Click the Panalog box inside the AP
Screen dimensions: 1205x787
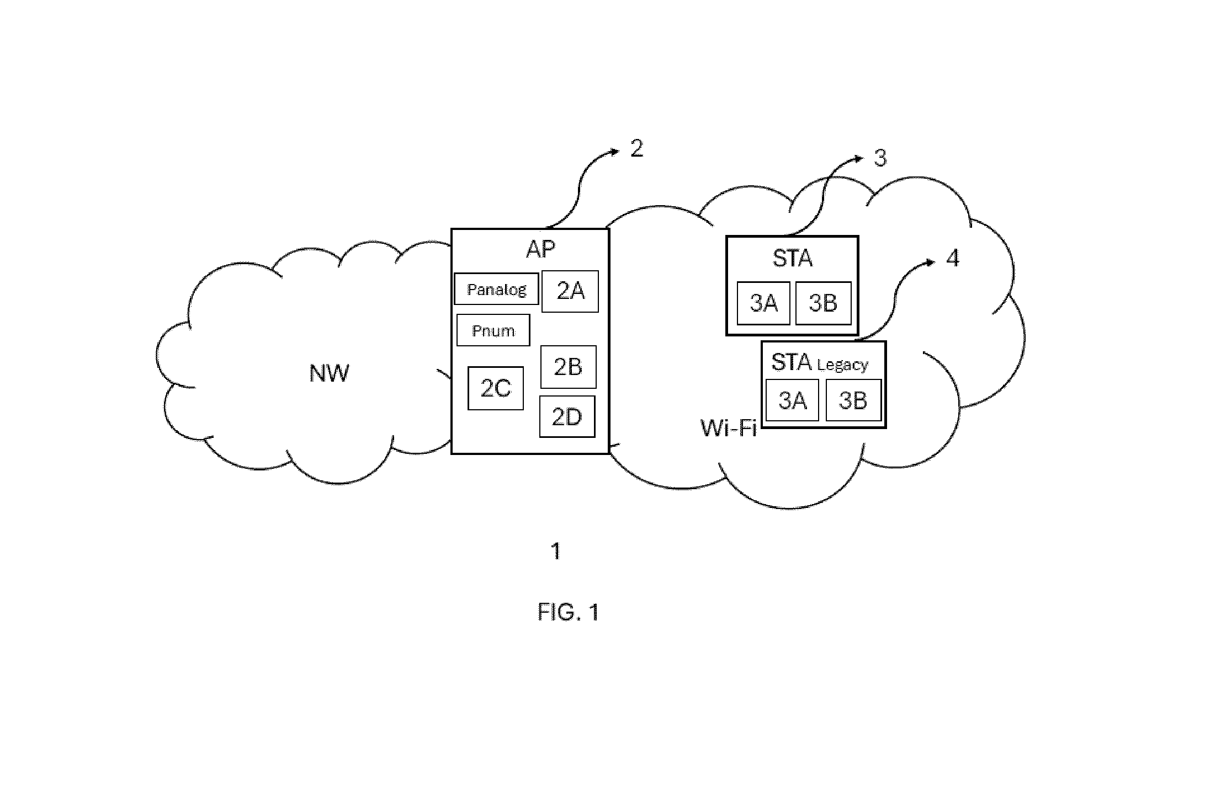coord(496,289)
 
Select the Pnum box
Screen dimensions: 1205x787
coord(493,330)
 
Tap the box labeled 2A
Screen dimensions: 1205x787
coord(570,291)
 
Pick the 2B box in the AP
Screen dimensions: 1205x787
coord(568,367)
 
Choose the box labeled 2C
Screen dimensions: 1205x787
coord(496,388)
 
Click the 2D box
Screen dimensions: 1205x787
coord(567,416)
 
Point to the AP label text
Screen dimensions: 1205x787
coord(540,249)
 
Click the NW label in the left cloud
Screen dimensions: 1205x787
coord(329,373)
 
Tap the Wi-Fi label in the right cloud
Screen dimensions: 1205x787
coord(729,427)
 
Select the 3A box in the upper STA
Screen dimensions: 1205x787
coord(763,303)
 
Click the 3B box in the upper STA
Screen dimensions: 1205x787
coord(823,303)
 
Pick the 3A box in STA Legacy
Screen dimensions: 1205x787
coord(792,400)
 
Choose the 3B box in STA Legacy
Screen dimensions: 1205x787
coord(853,400)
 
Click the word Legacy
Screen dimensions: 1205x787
coord(842,365)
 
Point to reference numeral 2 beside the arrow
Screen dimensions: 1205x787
coord(637,148)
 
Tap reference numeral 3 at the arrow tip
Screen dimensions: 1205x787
coord(880,158)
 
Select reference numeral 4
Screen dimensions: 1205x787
coord(953,258)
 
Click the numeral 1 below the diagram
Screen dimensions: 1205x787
coord(556,551)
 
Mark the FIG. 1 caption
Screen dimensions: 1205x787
coord(569,612)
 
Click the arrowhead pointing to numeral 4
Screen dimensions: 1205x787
coord(931,263)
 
